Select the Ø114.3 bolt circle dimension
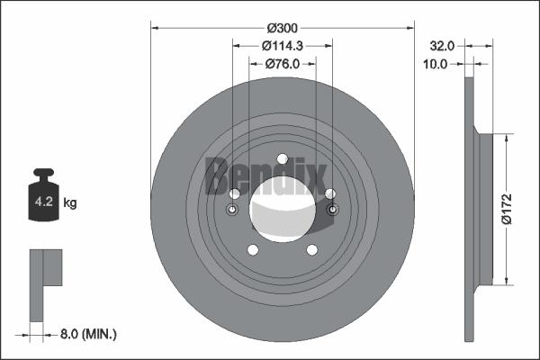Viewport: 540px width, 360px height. pyautogui.click(x=281, y=46)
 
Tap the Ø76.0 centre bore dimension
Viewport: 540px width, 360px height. pyautogui.click(x=281, y=64)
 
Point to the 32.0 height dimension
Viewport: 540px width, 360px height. pyautogui.click(x=441, y=44)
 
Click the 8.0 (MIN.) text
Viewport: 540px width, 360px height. pyautogui.click(x=87, y=334)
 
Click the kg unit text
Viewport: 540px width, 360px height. pyautogui.click(x=70, y=203)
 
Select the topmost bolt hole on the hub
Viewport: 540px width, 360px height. pyautogui.click(x=282, y=160)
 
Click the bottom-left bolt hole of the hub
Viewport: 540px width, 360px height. pyautogui.click(x=253, y=250)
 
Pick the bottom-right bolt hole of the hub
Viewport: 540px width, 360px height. pyautogui.click(x=311, y=250)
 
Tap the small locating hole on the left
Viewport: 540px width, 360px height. pyautogui.click(x=232, y=211)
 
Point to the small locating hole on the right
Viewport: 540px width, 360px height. pyautogui.click(x=332, y=211)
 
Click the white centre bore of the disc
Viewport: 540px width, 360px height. pyautogui.click(x=282, y=211)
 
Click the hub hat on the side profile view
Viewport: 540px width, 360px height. pyautogui.click(x=487, y=208)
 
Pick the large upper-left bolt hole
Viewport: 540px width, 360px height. pyautogui.click(x=235, y=194)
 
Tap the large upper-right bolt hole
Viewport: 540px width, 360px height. pyautogui.click(x=329, y=194)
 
